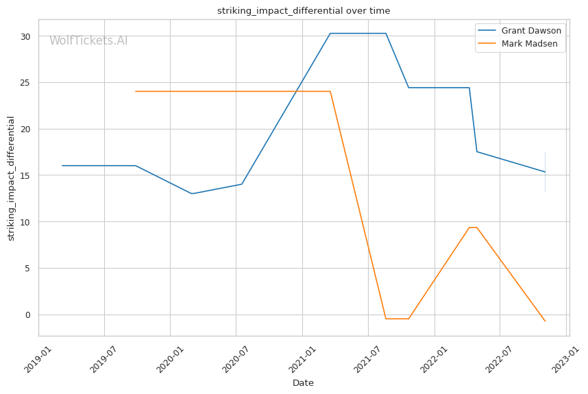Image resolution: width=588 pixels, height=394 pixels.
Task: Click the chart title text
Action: [304, 11]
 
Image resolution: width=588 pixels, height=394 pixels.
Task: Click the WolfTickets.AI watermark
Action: [88, 40]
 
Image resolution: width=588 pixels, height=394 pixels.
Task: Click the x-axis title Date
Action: [303, 383]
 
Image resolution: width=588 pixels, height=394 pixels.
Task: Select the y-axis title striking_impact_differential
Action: [11, 178]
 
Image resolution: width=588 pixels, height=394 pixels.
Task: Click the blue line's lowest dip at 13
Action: [192, 193]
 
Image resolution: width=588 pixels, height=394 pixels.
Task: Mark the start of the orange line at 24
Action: [136, 91]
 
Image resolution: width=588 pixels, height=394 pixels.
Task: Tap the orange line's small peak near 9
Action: [473, 227]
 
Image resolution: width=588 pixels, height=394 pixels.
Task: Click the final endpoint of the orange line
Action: [545, 321]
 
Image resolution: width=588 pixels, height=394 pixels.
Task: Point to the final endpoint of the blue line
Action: [545, 172]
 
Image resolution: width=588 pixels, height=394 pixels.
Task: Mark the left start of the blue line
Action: [62, 165]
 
